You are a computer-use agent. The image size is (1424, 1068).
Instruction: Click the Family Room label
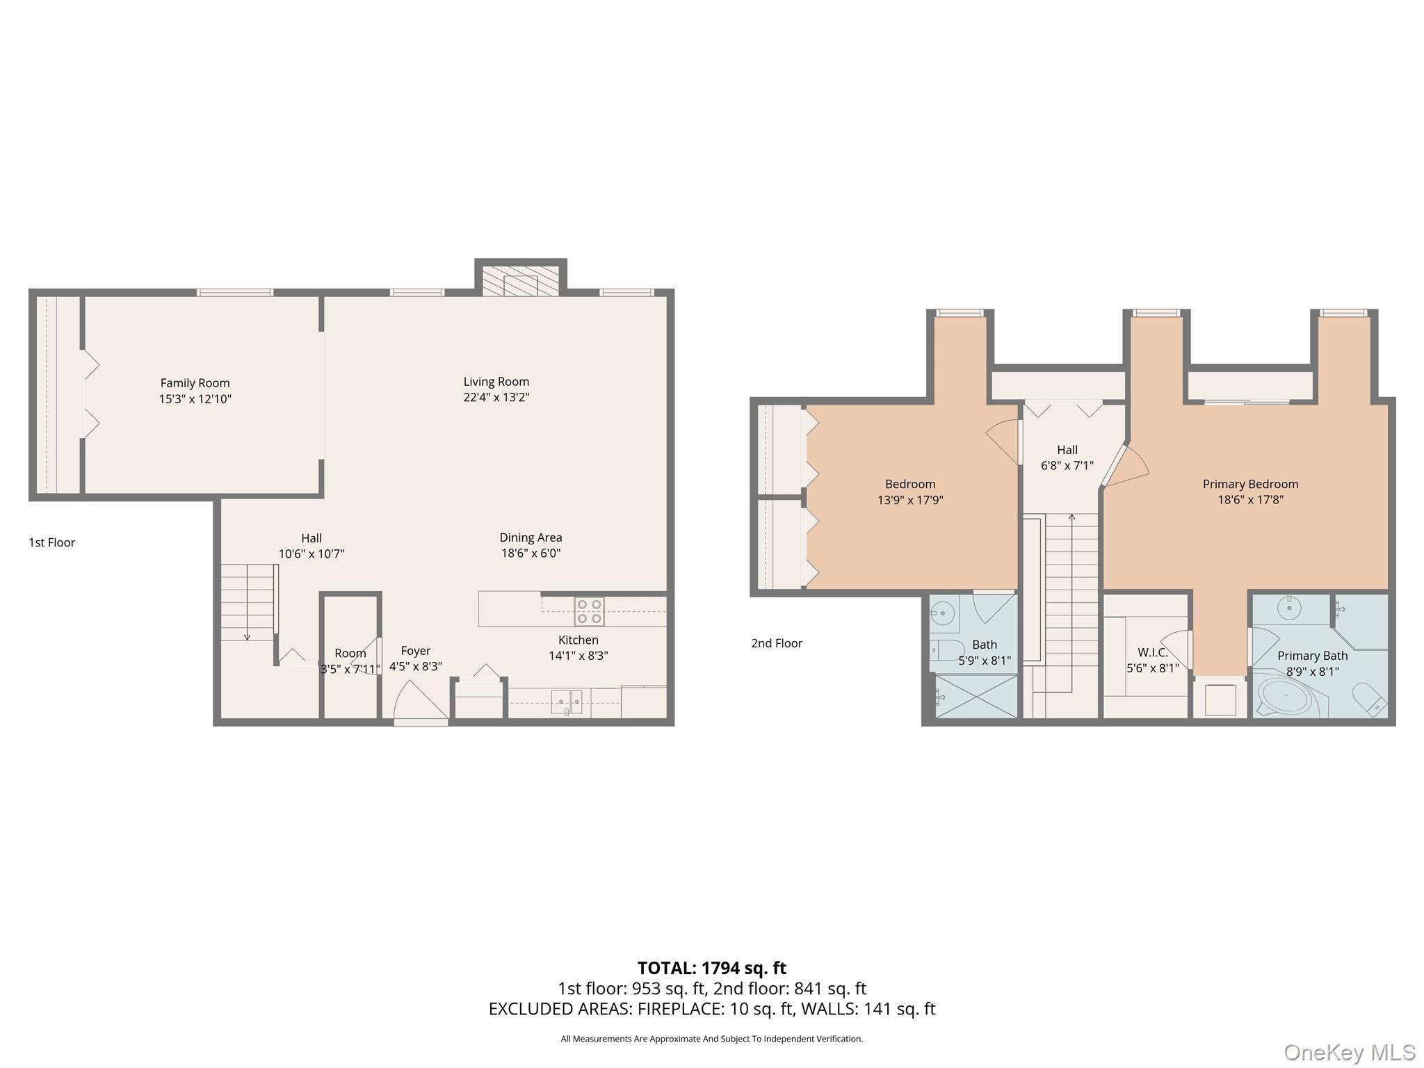pyautogui.click(x=195, y=383)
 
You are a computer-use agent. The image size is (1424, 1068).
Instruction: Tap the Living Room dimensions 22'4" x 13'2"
pyautogui.click(x=496, y=398)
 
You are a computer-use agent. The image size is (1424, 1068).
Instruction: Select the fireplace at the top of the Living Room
pyautogui.click(x=521, y=282)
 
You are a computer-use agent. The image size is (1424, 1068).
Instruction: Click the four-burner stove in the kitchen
pyautogui.click(x=589, y=611)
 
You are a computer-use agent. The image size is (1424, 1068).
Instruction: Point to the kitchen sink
pyautogui.click(x=566, y=702)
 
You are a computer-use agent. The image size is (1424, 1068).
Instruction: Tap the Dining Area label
pyautogui.click(x=531, y=537)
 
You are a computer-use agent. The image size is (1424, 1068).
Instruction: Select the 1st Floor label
pyautogui.click(x=51, y=542)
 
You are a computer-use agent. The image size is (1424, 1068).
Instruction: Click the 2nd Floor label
pyautogui.click(x=776, y=643)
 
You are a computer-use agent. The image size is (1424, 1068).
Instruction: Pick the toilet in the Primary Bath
pyautogui.click(x=1368, y=699)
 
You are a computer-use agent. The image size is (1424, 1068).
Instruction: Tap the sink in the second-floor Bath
pyautogui.click(x=944, y=613)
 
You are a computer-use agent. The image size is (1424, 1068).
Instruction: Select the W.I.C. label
pyautogui.click(x=1152, y=652)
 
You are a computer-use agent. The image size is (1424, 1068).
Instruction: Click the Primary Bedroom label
pyautogui.click(x=1250, y=484)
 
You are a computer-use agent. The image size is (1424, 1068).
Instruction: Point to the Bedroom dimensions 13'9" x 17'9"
pyautogui.click(x=910, y=500)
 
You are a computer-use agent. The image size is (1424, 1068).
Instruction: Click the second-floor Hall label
pyautogui.click(x=1067, y=450)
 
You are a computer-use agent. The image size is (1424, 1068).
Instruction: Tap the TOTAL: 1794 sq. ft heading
pyautogui.click(x=711, y=968)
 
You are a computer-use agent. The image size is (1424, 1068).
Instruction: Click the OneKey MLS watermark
pyautogui.click(x=1349, y=1052)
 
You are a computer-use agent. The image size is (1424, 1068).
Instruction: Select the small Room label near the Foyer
pyautogui.click(x=350, y=654)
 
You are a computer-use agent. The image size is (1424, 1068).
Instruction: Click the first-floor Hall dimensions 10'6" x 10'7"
pyautogui.click(x=311, y=554)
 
